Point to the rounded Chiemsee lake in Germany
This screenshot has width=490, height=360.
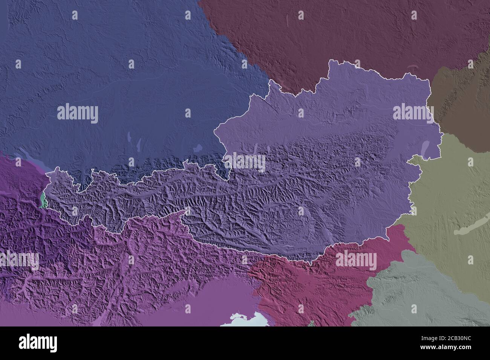(x=197, y=149)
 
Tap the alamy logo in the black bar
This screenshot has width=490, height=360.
(x=38, y=344)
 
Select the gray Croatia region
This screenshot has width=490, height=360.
(x=415, y=294)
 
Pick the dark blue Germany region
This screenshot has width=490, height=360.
(x=113, y=75)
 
